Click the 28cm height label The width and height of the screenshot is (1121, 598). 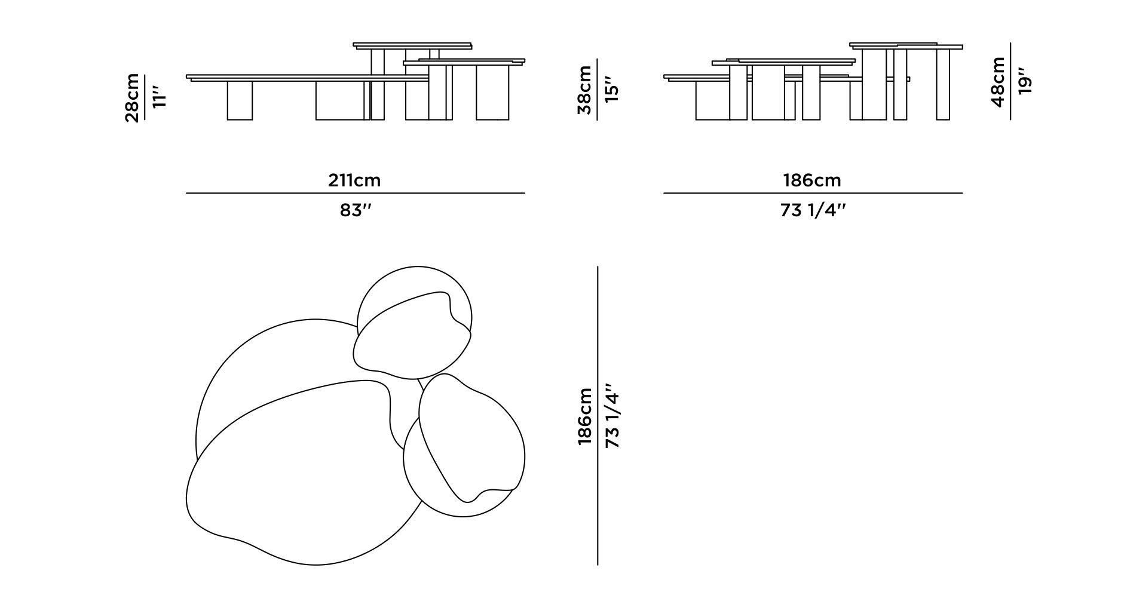tap(132, 97)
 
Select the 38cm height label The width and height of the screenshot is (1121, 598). tap(585, 90)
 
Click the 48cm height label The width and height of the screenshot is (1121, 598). tap(999, 82)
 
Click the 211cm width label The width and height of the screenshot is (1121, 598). tap(354, 180)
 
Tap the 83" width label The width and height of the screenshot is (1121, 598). tap(356, 210)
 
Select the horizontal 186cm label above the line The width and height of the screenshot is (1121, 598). tap(812, 180)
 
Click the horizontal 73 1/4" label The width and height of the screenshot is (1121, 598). tap(813, 210)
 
